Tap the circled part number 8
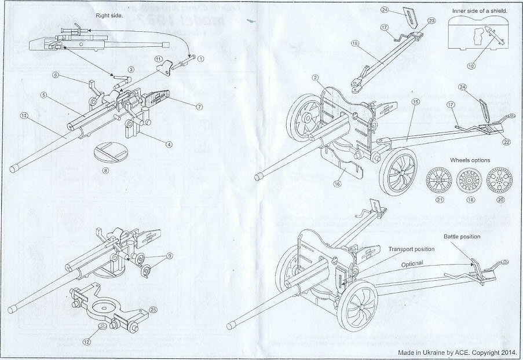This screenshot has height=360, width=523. click(x=104, y=171)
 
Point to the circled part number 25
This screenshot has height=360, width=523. click(x=152, y=310)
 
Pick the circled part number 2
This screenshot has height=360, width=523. click(x=314, y=78)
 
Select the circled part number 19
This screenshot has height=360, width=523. click(x=354, y=42)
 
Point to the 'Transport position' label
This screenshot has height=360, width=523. click(x=412, y=248)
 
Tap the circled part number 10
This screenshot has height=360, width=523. click(x=471, y=65)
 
